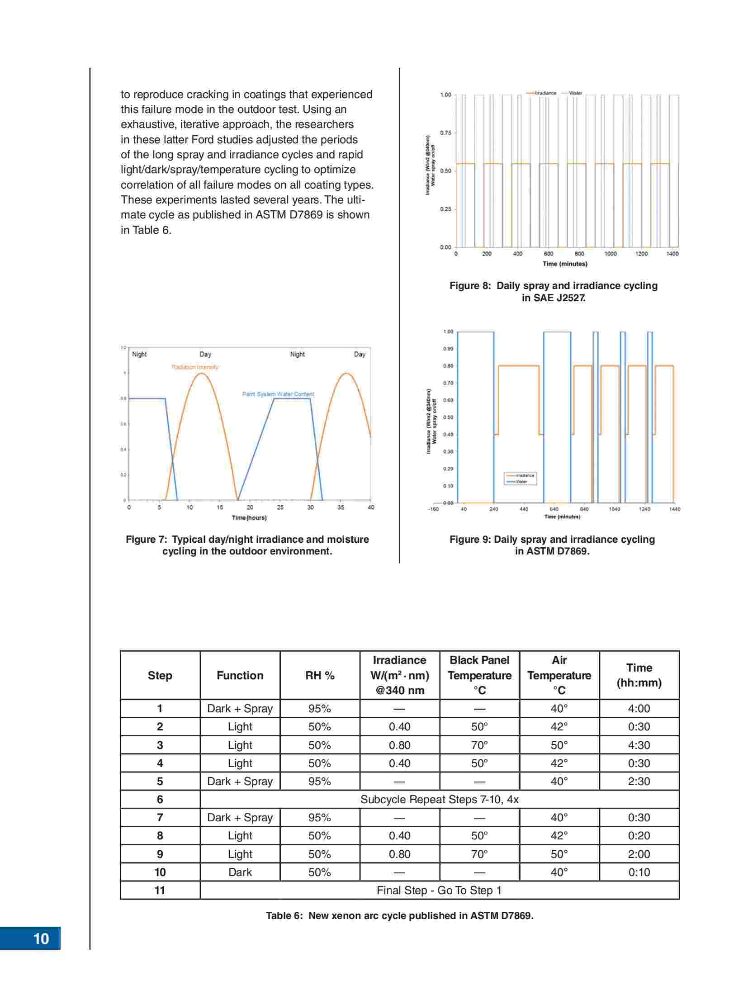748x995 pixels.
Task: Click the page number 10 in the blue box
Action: point(41,939)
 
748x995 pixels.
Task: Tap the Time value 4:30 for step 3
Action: point(639,745)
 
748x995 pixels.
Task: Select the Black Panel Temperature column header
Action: point(479,675)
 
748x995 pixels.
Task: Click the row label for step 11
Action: point(160,890)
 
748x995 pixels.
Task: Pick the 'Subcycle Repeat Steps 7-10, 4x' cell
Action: point(439,799)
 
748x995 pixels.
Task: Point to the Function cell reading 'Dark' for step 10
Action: point(240,872)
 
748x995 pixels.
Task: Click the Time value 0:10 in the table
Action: point(639,872)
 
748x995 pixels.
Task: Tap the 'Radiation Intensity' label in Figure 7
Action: point(195,367)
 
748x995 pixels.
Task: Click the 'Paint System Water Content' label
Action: point(278,394)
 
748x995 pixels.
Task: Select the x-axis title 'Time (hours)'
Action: point(249,517)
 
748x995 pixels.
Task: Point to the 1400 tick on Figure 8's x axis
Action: point(672,254)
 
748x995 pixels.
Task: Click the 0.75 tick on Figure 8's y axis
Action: point(445,133)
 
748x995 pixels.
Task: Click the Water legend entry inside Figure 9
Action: point(521,482)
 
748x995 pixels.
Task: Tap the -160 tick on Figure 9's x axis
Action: point(433,509)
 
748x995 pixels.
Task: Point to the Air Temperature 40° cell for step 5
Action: point(559,781)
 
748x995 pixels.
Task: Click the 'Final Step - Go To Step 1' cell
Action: point(439,890)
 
